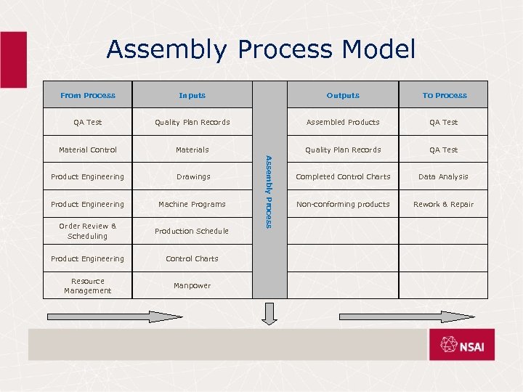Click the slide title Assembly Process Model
click(x=261, y=49)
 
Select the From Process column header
click(x=88, y=95)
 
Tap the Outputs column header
click(x=343, y=95)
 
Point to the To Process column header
click(x=445, y=95)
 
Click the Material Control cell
click(x=88, y=150)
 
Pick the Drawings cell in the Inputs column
click(x=193, y=176)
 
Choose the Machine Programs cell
click(x=192, y=204)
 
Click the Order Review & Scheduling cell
click(x=88, y=231)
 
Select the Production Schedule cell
click(x=192, y=231)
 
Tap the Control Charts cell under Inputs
click(x=192, y=258)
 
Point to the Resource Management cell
click(x=88, y=286)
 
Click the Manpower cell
click(x=192, y=285)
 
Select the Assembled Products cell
click(x=343, y=122)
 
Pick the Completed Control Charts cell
click(x=343, y=176)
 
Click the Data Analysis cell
click(x=443, y=176)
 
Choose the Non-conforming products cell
click(x=343, y=204)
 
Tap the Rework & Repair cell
click(x=443, y=204)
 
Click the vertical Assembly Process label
click(x=269, y=192)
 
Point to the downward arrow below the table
click(x=269, y=314)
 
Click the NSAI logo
click(x=461, y=345)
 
